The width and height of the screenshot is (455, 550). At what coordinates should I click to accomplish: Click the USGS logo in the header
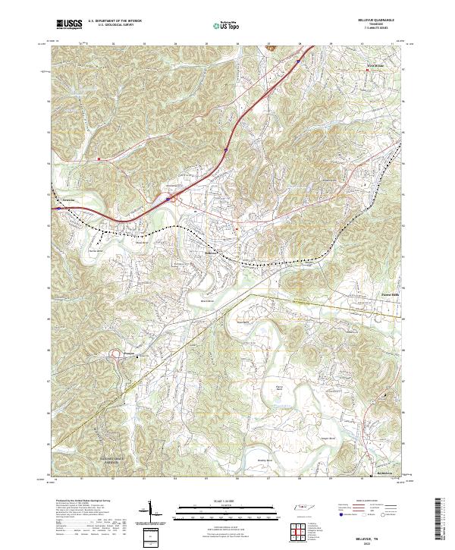click(x=69, y=24)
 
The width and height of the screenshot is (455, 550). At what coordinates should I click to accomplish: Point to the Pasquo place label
click(x=128, y=353)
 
